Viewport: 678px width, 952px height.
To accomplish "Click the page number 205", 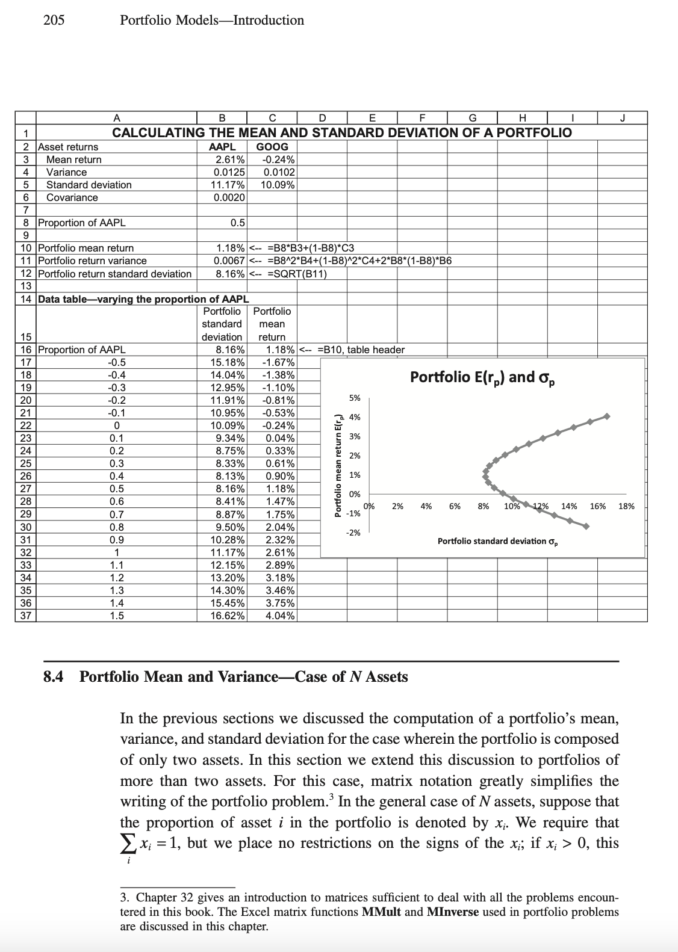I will [54, 20].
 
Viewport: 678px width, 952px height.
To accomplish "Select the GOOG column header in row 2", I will [272, 147].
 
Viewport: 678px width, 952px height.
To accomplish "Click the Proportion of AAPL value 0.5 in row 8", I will [237, 223].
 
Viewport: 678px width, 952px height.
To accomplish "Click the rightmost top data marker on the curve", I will [607, 416].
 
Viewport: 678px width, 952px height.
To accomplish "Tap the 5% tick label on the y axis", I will [355, 398].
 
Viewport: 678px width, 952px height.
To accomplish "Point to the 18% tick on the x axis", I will [626, 506].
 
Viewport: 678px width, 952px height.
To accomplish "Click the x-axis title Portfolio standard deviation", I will [497, 541].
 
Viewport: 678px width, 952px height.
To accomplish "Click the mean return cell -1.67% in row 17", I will [279, 362].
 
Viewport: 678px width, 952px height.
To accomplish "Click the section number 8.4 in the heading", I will [54, 677].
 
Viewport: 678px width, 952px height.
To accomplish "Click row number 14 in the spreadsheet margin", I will [25, 299].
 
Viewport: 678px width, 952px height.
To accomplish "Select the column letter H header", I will [522, 118].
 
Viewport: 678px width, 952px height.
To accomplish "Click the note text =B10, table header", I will [361, 350].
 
